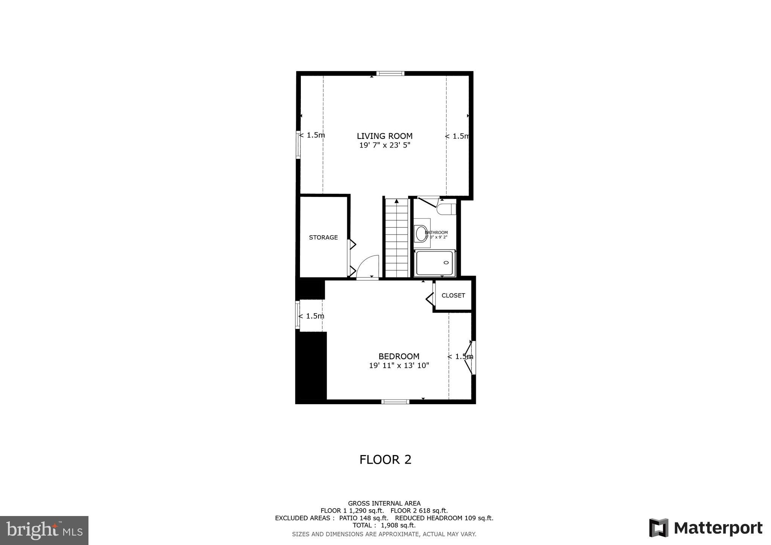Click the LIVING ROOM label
[x=384, y=136]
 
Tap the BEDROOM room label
[x=399, y=356]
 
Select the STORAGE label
[x=323, y=237]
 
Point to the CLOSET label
[x=453, y=295]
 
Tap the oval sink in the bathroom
[x=421, y=233]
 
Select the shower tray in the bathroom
[x=435, y=263]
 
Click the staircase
[x=396, y=238]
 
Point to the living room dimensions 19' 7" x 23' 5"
[x=384, y=145]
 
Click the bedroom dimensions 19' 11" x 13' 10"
[x=399, y=365]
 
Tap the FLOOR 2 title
[x=385, y=460]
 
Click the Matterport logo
[x=705, y=528]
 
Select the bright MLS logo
[x=44, y=531]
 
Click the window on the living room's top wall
[x=390, y=73]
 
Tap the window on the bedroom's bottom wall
[x=395, y=402]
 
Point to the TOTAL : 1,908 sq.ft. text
[x=384, y=525]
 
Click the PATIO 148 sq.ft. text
[x=364, y=518]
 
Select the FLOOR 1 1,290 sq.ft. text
[x=352, y=511]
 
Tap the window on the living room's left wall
[x=298, y=145]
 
